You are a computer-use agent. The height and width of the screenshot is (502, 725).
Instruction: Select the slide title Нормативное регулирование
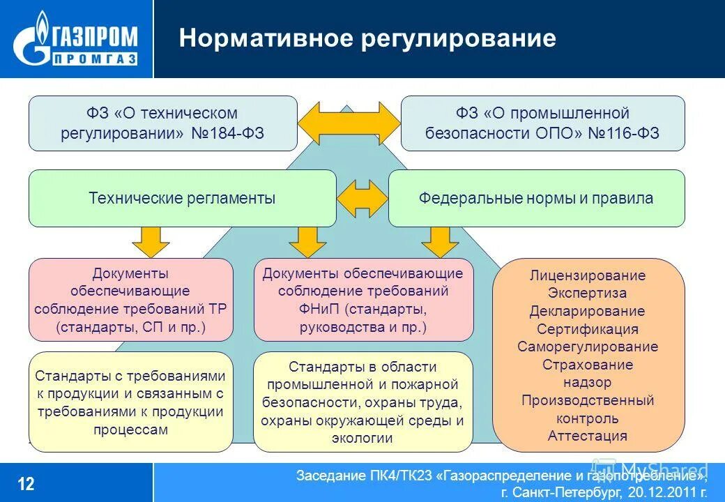pos(367,38)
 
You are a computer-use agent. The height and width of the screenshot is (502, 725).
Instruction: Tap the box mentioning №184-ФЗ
pos(162,123)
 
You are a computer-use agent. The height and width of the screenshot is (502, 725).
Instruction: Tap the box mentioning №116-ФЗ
pos(542,123)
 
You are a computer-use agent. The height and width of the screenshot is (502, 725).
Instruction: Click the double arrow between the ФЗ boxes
pos(349,123)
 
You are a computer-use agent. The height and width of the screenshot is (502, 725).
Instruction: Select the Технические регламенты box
pos(182,198)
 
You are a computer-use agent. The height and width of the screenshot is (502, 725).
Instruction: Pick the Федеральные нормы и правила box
pos(536,198)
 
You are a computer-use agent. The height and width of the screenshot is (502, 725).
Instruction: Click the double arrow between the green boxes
pos(362,199)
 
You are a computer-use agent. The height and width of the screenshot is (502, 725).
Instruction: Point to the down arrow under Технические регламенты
pos(151,241)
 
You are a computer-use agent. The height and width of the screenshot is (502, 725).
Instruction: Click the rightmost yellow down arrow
pos(439,241)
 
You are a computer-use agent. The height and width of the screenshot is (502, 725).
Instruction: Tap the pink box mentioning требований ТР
pos(131,300)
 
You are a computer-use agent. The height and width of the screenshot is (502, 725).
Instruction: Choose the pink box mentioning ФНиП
pos(362,300)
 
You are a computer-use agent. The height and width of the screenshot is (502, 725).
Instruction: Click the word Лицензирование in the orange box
pos(588,275)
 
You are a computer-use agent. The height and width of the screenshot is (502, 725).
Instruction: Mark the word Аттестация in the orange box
pos(588,436)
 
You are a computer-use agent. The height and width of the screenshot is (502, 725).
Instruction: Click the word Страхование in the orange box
pos(588,365)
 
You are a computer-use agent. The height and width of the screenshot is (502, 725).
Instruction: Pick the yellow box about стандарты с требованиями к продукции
pos(131,402)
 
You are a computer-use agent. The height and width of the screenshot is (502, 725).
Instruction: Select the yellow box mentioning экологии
pos(362,402)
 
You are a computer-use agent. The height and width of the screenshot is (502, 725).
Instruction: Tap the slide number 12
pos(26,483)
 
